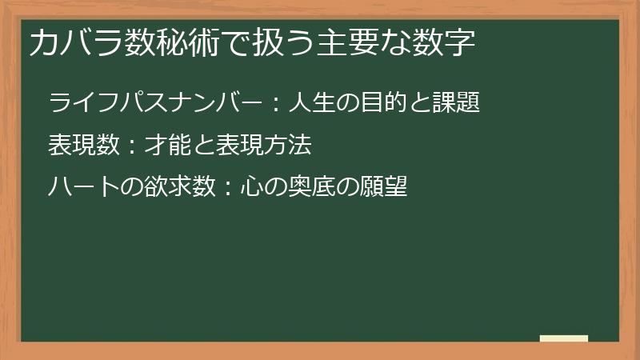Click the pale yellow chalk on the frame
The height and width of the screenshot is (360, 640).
click(x=563, y=338)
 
